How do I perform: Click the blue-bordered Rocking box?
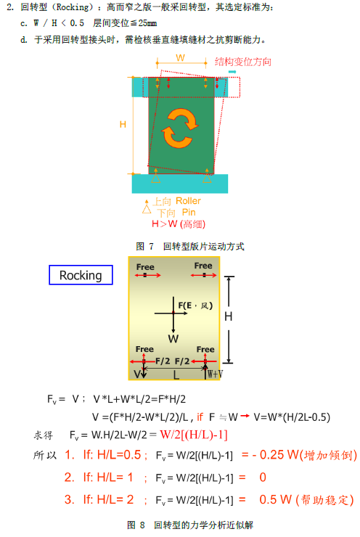pyautogui.click(x=81, y=275)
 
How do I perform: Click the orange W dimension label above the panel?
pyautogui.click(x=181, y=57)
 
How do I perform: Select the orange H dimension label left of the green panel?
pyautogui.click(x=123, y=124)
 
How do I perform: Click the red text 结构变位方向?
pyautogui.click(x=243, y=62)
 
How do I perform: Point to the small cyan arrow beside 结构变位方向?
pyautogui.click(x=232, y=72)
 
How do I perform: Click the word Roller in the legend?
pyautogui.click(x=188, y=201)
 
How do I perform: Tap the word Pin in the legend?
pyautogui.click(x=189, y=213)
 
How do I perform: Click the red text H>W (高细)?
pyautogui.click(x=179, y=224)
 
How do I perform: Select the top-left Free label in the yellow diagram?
pyautogui.click(x=145, y=267)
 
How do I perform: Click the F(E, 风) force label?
pyautogui.click(x=195, y=305)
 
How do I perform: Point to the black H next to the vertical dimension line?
pyautogui.click(x=229, y=316)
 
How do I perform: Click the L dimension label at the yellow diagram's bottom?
pyautogui.click(x=176, y=375)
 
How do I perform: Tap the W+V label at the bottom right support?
pyautogui.click(x=215, y=374)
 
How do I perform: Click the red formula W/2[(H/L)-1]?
pyautogui.click(x=194, y=435)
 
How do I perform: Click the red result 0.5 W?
pyautogui.click(x=275, y=500)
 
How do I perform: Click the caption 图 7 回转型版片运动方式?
pyautogui.click(x=190, y=246)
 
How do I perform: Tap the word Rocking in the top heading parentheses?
pyautogui.click(x=73, y=7)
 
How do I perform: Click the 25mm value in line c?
pyautogui.click(x=147, y=23)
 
